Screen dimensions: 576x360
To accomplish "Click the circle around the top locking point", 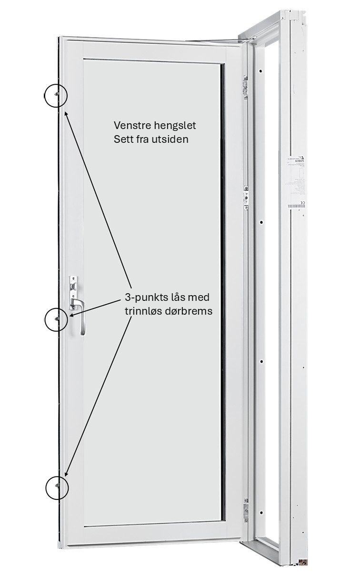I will tap(56, 95).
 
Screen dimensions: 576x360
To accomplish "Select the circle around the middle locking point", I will tap(56, 319).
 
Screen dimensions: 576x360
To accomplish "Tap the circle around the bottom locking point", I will tap(57, 487).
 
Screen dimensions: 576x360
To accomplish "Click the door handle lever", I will tap(81, 314).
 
